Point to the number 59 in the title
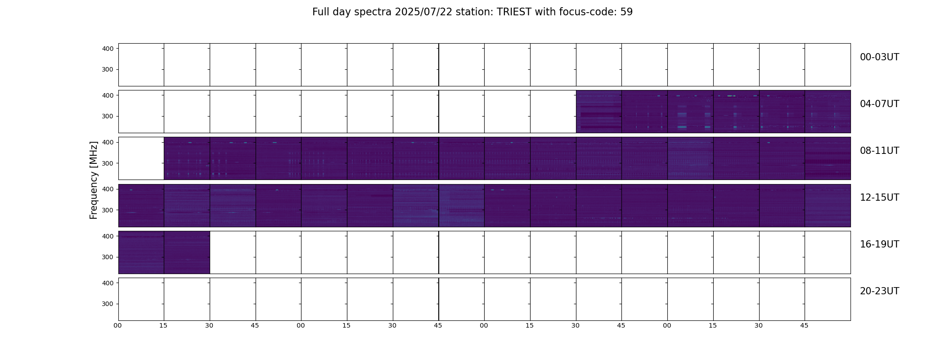coord(626,12)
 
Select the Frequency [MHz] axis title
coord(94,180)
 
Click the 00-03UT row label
coord(879,57)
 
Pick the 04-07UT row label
coord(879,104)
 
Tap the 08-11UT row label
coord(879,151)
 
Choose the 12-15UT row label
coord(879,198)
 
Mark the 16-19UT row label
coord(879,244)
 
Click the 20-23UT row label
coord(879,291)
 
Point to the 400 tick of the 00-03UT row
coord(108,49)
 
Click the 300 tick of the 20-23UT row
coord(108,304)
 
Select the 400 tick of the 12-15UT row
coord(108,189)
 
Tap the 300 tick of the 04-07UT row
coord(108,117)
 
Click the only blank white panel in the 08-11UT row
coord(141,158)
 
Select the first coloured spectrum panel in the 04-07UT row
coord(599,112)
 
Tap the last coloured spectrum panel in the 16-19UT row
coord(187,252)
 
